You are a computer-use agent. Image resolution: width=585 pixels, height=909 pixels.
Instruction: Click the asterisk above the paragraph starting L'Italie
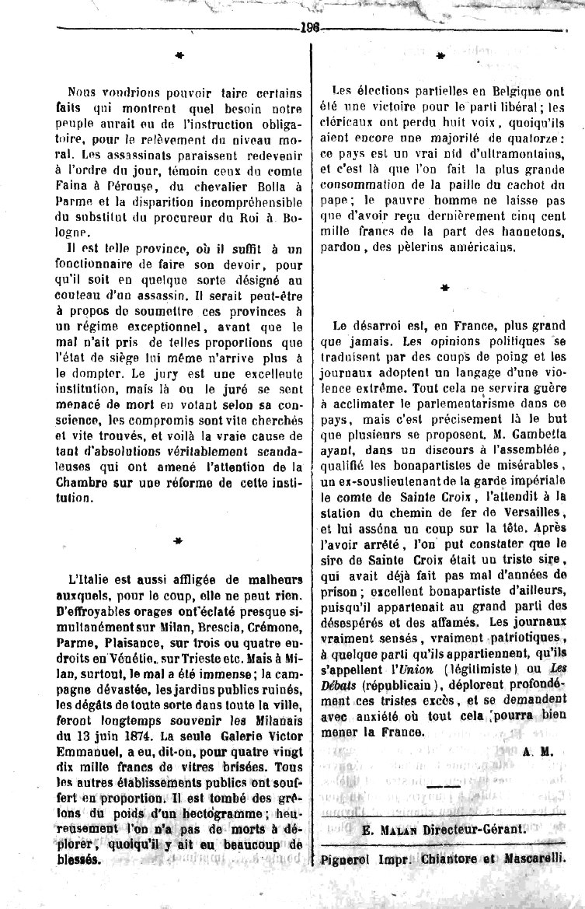point(178,540)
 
